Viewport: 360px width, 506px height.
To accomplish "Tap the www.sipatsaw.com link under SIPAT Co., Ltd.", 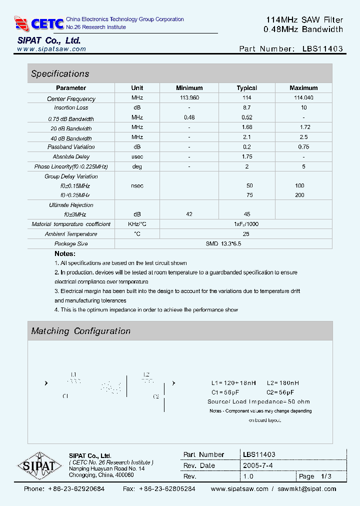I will [51, 49].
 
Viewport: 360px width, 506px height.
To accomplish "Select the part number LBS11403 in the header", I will [322, 49].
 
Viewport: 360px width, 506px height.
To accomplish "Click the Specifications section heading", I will [60, 74].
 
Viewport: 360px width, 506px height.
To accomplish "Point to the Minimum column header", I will [189, 88].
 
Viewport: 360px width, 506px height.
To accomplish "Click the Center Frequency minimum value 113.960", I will [189, 98].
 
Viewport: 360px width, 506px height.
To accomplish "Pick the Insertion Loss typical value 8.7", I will [246, 107].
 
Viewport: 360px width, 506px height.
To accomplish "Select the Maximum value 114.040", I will [303, 98].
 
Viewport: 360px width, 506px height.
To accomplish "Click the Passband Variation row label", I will [71, 147].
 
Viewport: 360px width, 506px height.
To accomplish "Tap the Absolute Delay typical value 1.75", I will [246, 156].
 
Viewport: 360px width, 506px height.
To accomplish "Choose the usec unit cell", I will [137, 156].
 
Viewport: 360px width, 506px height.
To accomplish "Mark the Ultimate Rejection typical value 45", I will [246, 214].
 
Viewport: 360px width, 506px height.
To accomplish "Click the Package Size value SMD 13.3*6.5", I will [223, 243].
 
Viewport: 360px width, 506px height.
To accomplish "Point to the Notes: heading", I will [65, 253].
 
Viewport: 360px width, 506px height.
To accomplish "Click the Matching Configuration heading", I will [80, 331].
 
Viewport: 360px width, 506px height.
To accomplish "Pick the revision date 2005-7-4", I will [258, 465].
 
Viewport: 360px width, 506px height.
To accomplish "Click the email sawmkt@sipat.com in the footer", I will [307, 489].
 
